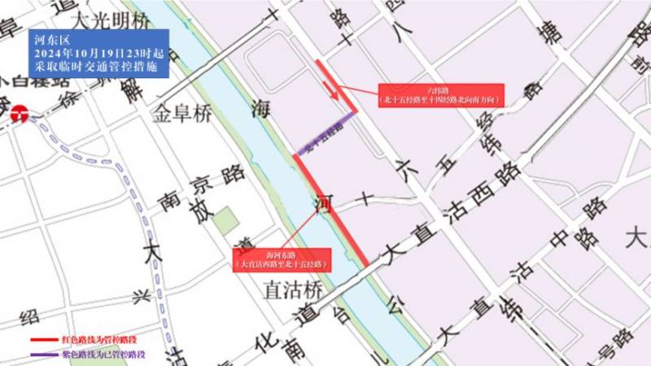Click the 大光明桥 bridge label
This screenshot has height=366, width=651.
[111, 18]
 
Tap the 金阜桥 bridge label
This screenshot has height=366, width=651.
[181, 114]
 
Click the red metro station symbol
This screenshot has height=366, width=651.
[17, 115]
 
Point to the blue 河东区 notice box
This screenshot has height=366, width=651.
[98, 54]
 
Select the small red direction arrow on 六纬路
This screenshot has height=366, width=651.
[334, 96]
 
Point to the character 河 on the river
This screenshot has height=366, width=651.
[323, 202]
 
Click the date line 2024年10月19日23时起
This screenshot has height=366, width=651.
[98, 53]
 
